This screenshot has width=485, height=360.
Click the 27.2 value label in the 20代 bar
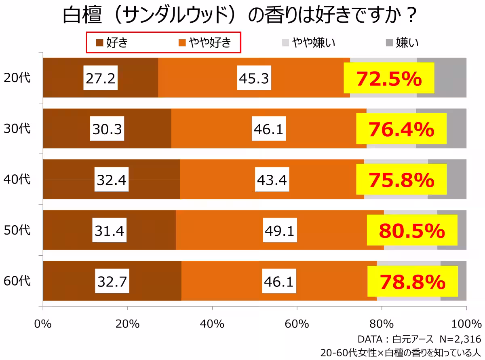click(x=100, y=78)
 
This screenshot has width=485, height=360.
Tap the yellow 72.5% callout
click(x=389, y=78)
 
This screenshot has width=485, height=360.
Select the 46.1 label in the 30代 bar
click(x=268, y=129)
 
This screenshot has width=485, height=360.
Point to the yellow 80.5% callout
click(x=412, y=231)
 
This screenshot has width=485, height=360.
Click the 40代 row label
click(x=17, y=179)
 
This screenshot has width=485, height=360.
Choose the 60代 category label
click(x=17, y=281)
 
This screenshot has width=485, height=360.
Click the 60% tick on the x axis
click(x=297, y=324)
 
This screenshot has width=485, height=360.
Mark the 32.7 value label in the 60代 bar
click(x=112, y=281)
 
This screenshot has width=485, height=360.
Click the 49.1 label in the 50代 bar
click(x=279, y=230)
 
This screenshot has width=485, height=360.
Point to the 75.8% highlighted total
click(x=401, y=180)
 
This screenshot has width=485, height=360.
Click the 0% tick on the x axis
click(x=43, y=324)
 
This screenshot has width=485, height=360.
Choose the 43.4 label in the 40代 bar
click(x=272, y=179)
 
